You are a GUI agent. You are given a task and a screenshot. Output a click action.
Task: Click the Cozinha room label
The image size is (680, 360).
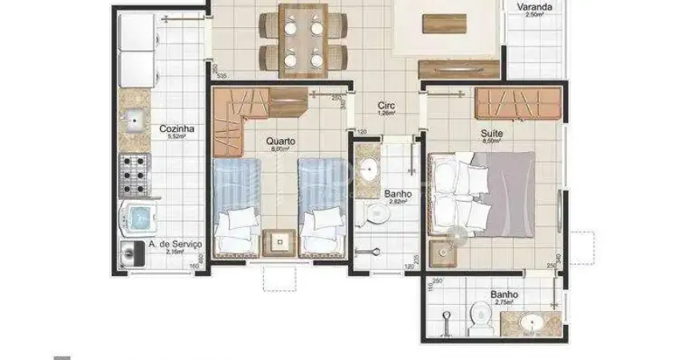click(174, 128)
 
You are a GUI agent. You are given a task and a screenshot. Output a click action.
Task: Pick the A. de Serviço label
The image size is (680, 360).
click(175, 243)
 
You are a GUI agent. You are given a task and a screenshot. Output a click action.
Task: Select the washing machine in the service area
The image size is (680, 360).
click(142, 217)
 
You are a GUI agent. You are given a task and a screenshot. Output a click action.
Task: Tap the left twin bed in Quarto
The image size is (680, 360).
click(238, 206)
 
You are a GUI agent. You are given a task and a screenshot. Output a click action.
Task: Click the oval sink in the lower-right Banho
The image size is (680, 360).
click(529, 322)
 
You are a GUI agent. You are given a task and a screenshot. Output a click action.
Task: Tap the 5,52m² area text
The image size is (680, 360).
click(176, 137)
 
